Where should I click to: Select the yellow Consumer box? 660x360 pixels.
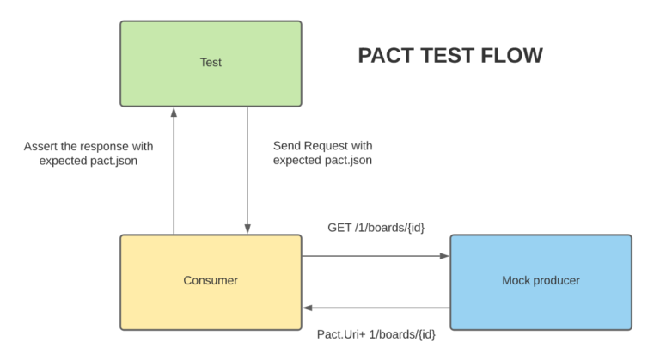[x=211, y=281]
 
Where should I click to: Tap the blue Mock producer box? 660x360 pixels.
[x=541, y=281]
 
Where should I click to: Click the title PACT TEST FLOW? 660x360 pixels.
[x=449, y=57]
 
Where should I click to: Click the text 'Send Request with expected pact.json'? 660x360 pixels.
[x=322, y=153]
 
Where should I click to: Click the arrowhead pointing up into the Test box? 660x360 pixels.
[x=174, y=113]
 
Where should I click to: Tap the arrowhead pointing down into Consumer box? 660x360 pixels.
[x=247, y=229]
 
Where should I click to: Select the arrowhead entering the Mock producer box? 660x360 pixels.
[x=445, y=256]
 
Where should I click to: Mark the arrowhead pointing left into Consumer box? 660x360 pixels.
[x=307, y=308]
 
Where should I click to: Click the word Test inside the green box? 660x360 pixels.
[x=211, y=63]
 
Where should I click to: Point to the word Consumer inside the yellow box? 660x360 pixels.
[x=211, y=281]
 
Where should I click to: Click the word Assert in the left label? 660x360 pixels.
[x=40, y=146]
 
